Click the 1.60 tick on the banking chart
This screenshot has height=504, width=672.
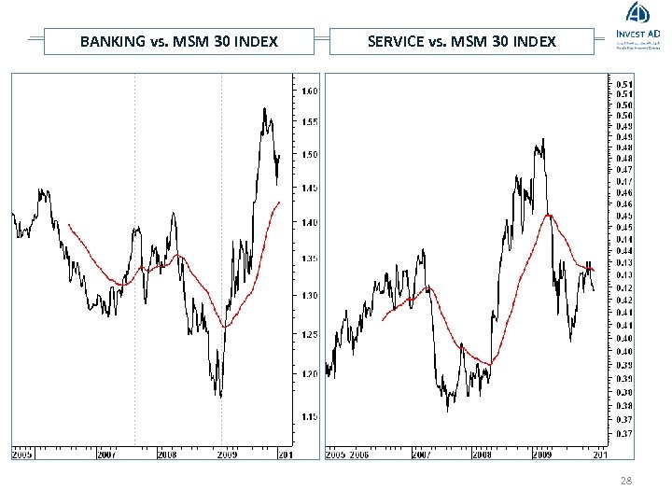309,91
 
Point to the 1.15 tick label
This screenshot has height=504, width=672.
309,415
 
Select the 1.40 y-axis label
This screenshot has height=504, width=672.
309,222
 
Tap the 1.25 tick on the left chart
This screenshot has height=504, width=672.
309,334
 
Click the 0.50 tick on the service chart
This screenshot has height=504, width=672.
623,115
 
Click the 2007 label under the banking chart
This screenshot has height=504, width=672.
105,455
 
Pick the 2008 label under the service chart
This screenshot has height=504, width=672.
481,455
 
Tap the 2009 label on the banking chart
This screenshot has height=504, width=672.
227,455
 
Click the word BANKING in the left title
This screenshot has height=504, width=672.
111,41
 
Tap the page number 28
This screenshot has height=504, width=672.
624,479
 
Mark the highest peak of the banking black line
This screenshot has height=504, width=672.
264,108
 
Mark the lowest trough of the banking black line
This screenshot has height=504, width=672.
220,398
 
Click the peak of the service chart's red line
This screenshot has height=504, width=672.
551,215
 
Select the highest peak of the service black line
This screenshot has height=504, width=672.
542,140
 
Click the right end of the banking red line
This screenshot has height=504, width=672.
279,202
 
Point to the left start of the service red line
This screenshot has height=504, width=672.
382,320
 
